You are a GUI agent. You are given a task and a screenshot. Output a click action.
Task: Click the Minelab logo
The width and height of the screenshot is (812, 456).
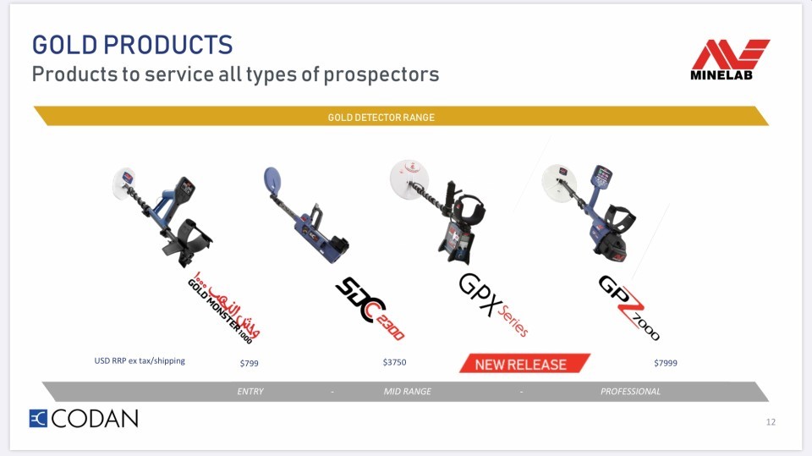point(730,59)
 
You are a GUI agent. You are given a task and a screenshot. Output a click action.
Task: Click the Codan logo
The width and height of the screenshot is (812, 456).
point(84,418)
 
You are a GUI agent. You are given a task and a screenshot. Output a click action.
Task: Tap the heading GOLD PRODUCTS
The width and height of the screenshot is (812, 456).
point(133,45)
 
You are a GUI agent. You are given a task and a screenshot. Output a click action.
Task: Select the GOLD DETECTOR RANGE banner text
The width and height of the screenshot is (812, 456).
point(381,118)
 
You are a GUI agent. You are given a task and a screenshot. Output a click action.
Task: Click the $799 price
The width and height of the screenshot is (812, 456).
point(249,363)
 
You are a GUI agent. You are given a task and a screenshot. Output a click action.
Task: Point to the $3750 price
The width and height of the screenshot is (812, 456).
point(395,362)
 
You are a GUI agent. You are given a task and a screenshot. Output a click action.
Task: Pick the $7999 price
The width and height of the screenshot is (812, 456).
point(666,363)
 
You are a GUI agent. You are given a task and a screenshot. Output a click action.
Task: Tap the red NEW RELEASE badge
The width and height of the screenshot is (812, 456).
point(524,363)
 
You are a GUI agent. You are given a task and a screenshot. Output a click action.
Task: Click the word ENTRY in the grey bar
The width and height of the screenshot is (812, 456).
point(250,392)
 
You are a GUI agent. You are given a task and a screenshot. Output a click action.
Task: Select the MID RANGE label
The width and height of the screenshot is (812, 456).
point(407,392)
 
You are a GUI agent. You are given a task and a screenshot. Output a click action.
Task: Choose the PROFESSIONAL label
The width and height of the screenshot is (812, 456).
point(630,392)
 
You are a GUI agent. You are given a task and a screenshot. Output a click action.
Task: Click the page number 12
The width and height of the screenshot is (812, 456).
point(771,422)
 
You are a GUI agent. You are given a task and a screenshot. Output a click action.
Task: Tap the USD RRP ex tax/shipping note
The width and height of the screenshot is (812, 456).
point(140,360)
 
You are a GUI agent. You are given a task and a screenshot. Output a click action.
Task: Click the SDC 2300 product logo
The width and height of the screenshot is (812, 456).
point(370,308)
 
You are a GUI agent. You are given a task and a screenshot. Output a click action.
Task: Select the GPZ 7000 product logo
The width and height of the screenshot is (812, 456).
point(628,308)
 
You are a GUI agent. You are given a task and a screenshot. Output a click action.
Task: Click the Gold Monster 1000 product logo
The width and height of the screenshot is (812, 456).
point(223,307)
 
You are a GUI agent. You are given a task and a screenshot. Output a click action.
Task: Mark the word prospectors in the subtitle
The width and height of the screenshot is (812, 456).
point(381,75)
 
